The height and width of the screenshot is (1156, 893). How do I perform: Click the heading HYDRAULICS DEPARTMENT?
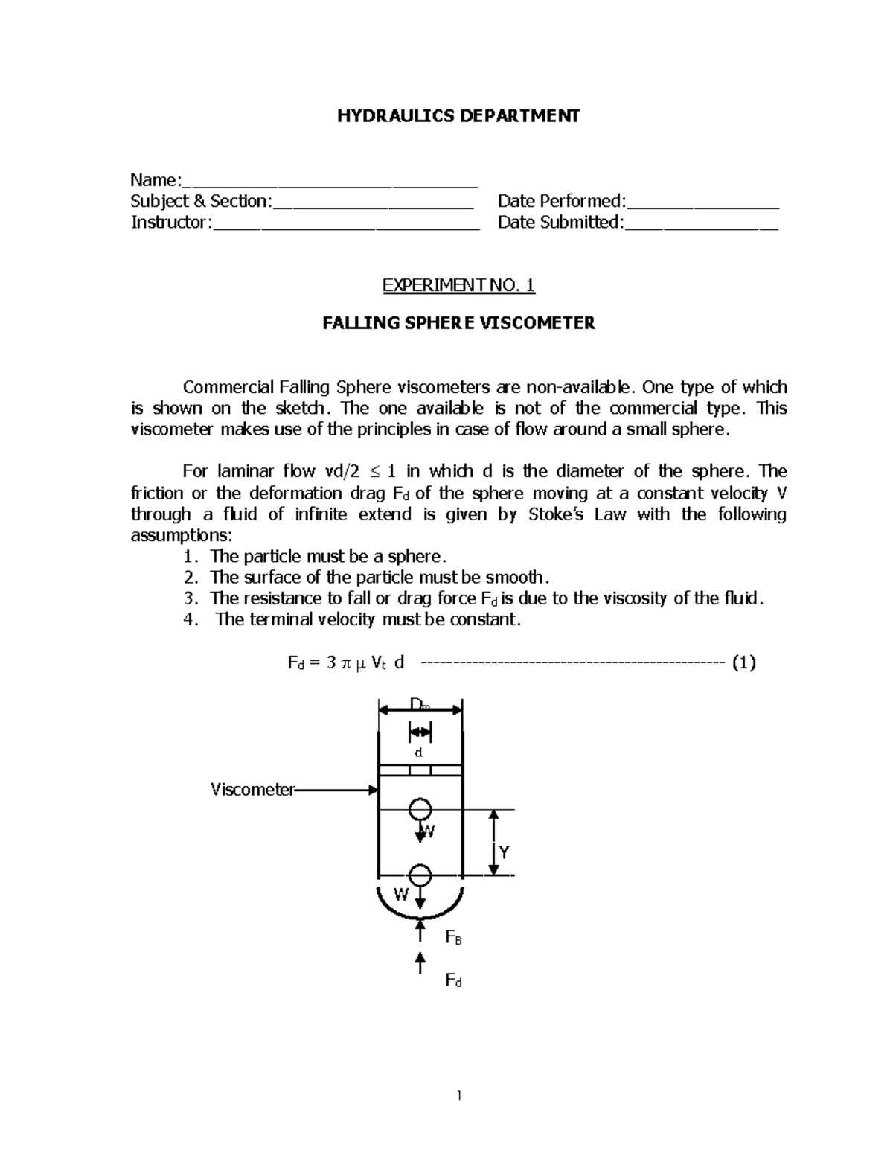tap(458, 116)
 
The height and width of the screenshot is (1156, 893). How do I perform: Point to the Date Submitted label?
tap(560, 222)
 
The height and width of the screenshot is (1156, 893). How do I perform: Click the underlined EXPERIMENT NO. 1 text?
tap(458, 285)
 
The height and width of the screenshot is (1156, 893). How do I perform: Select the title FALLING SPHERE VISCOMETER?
tap(458, 323)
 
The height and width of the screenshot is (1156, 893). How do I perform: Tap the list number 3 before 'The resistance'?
tap(189, 598)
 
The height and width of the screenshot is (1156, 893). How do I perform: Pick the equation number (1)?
tap(743, 662)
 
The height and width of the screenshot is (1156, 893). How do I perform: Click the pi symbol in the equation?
tap(345, 663)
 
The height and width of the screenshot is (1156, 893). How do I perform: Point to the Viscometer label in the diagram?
tap(252, 790)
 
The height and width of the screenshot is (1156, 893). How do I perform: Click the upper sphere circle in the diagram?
tap(420, 809)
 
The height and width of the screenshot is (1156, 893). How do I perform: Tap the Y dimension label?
tap(505, 852)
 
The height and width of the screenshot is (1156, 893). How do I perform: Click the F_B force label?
tap(453, 938)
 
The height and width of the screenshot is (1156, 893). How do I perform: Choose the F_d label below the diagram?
tap(453, 980)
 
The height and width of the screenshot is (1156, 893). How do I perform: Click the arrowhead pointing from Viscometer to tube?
tap(374, 790)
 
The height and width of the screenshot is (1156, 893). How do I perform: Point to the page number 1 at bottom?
tap(459, 1095)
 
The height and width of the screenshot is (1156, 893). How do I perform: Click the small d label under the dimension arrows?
tap(419, 753)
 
